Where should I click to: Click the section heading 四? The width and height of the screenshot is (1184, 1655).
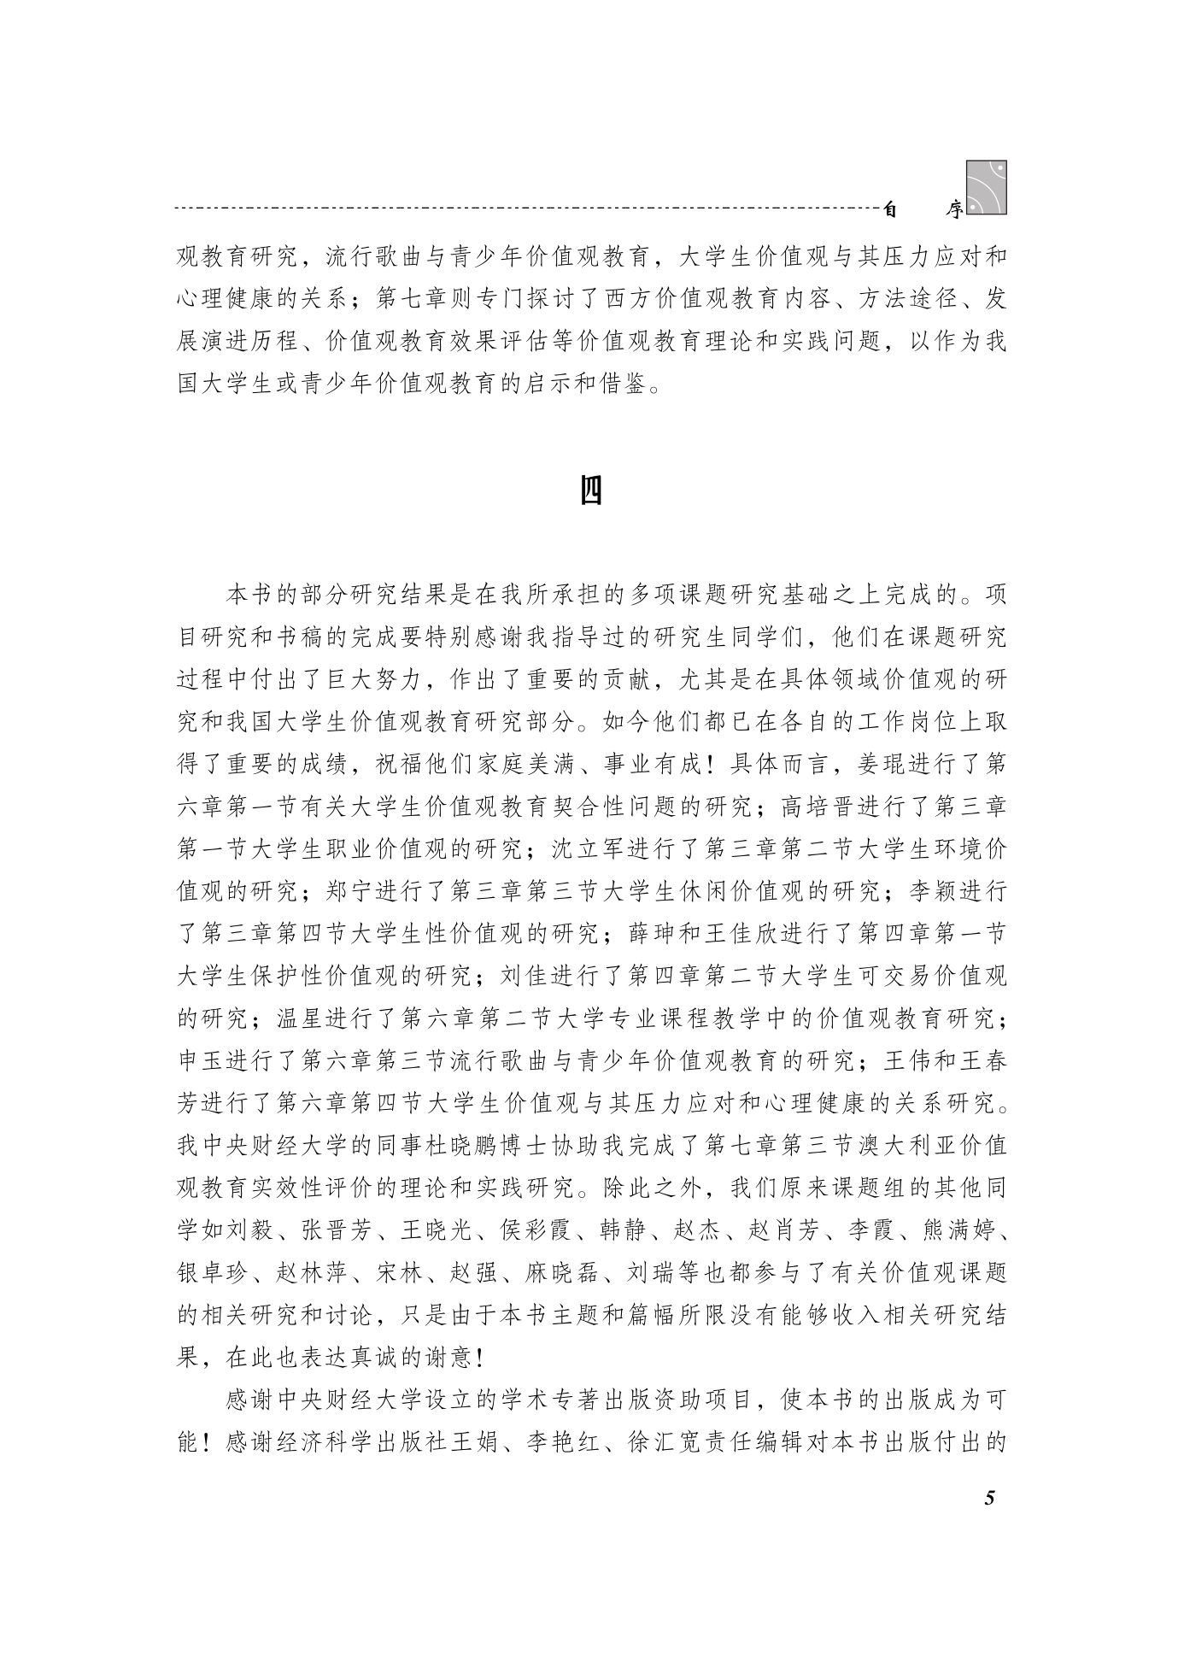tap(591, 491)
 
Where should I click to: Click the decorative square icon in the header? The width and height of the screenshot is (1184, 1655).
tap(986, 187)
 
